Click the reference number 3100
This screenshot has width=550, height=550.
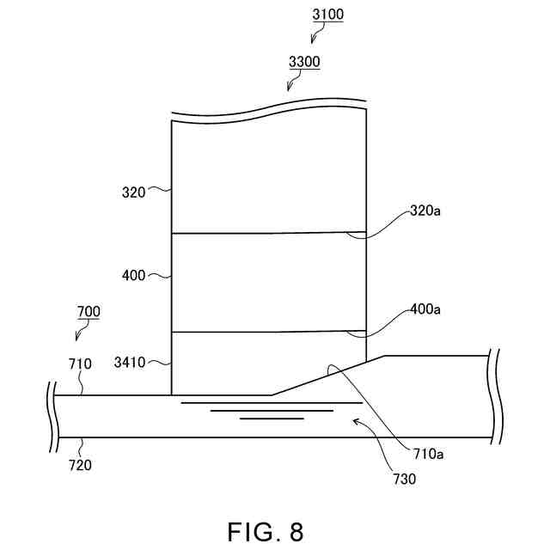328,15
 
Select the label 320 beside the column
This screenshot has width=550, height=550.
133,192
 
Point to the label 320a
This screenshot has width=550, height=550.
427,209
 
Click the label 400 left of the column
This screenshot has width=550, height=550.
133,276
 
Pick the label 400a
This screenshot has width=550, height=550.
427,309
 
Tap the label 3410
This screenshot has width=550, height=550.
131,364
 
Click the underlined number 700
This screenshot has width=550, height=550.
89,311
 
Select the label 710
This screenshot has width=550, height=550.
80,364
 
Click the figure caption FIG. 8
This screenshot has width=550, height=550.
266,531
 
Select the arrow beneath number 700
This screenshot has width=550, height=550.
82,333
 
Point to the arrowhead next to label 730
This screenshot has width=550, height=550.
356,422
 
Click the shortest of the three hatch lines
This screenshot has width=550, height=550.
272,419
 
